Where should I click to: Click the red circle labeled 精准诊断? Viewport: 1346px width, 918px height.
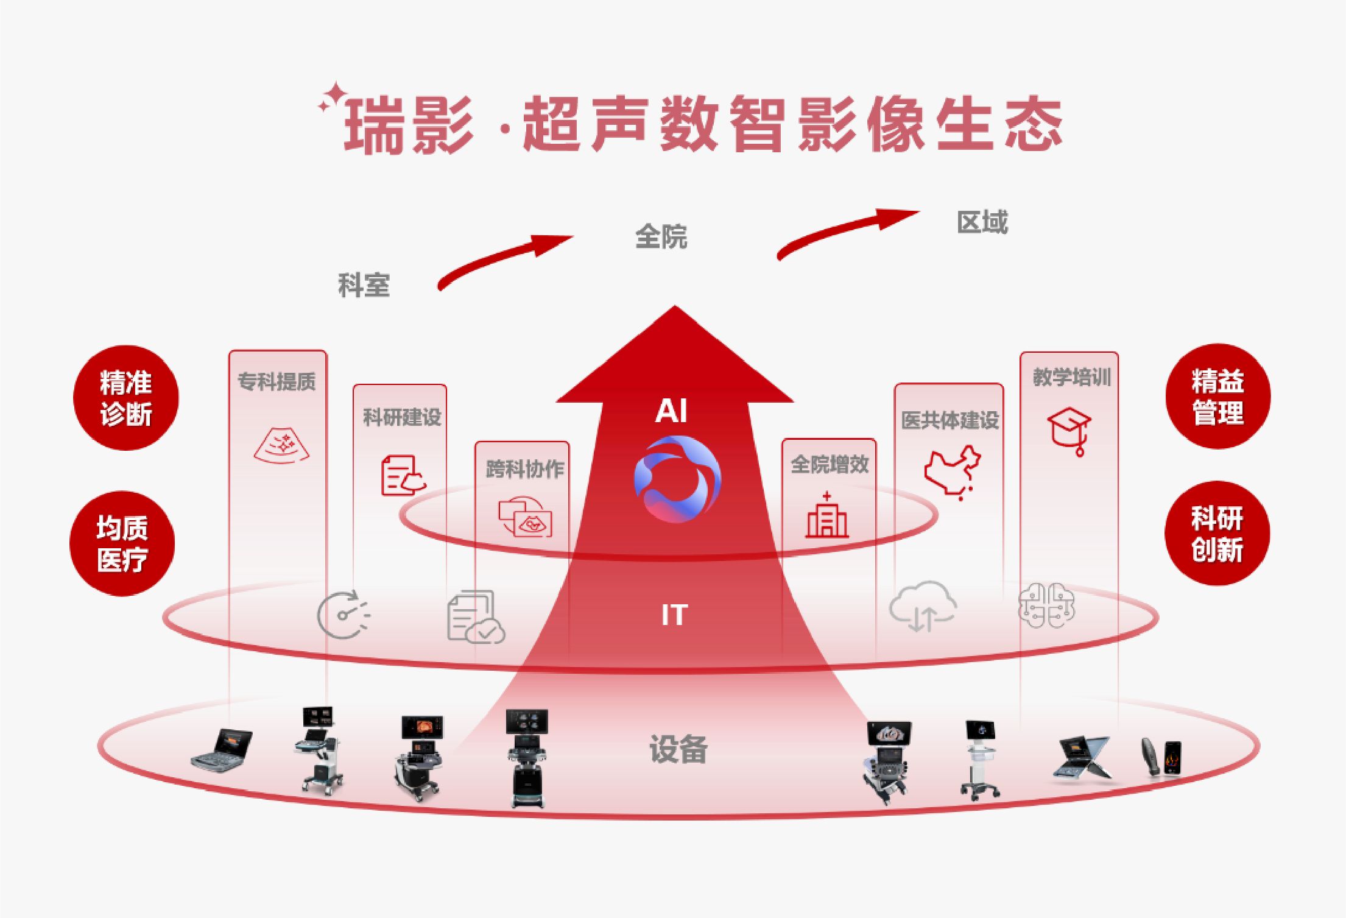pos(126,398)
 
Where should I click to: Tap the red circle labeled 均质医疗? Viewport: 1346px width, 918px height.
pos(122,543)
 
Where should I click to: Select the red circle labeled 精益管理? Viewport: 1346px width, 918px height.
pos(1217,397)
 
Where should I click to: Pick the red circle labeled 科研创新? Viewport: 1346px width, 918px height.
pos(1217,534)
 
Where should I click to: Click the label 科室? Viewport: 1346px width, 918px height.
pos(364,285)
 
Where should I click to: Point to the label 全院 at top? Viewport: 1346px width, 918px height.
pos(661,236)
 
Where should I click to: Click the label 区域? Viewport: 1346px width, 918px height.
pos(982,222)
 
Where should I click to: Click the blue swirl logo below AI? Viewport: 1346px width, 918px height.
pos(677,479)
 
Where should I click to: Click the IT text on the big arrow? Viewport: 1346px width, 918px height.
pos(674,615)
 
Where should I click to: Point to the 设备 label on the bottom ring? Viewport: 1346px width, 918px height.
pos(678,749)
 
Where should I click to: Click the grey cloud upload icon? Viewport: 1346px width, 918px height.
pos(923,606)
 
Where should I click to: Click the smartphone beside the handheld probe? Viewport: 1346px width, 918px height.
pos(1172,759)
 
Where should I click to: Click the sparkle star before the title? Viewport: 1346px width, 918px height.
pos(333,99)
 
